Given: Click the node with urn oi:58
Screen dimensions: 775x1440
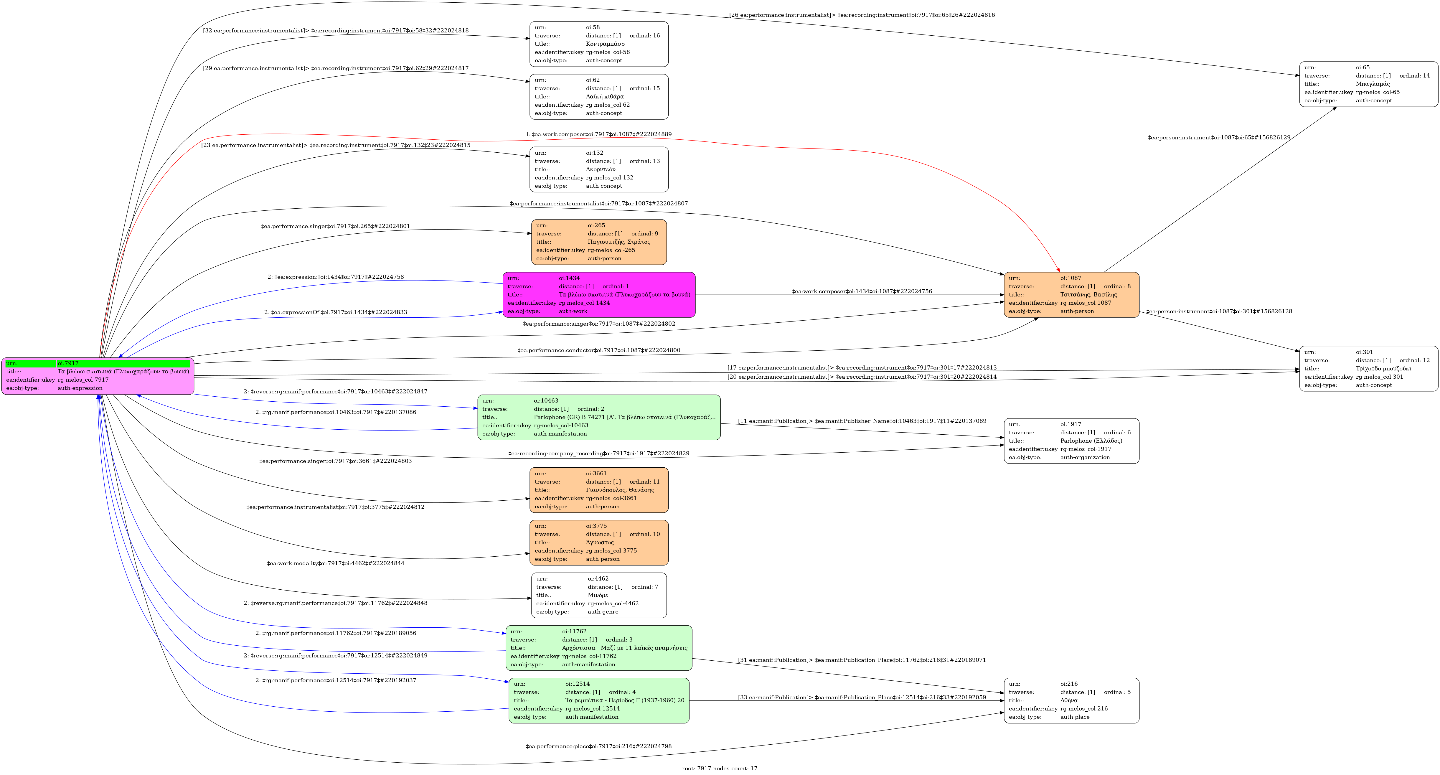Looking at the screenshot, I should pyautogui.click(x=599, y=44).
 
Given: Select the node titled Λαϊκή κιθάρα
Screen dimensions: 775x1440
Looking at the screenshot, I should pyautogui.click(x=599, y=97).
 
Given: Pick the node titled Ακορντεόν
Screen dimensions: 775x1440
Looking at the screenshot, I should pyautogui.click(x=599, y=169).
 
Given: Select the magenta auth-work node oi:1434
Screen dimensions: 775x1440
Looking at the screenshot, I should pyautogui.click(x=599, y=295).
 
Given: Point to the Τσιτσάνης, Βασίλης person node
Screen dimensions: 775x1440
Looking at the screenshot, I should pyautogui.click(x=1071, y=295).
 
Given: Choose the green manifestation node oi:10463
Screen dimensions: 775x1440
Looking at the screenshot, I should pyautogui.click(x=599, y=417).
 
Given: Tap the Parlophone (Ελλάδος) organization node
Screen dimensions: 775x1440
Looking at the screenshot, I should pyautogui.click(x=1071, y=441).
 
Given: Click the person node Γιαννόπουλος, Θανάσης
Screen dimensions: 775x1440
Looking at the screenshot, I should pyautogui.click(x=599, y=490).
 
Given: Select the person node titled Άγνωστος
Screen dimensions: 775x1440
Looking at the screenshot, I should pyautogui.click(x=599, y=542).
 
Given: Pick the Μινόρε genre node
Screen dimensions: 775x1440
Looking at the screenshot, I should pyautogui.click(x=599, y=595).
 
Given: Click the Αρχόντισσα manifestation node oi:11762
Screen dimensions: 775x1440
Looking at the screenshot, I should pyautogui.click(x=599, y=647).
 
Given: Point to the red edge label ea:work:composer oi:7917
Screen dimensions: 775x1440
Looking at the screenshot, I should pyautogui.click(x=599, y=134).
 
